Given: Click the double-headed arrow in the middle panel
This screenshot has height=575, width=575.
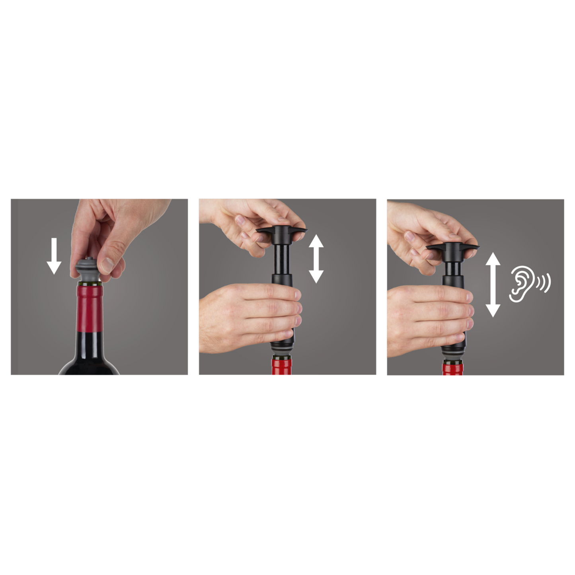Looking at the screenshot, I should click(316, 259).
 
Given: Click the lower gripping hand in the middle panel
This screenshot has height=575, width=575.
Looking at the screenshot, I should click(247, 314).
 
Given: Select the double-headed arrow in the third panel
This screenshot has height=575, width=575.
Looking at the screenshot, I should click(493, 285).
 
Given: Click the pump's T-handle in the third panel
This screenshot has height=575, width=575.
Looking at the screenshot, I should click(453, 249).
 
